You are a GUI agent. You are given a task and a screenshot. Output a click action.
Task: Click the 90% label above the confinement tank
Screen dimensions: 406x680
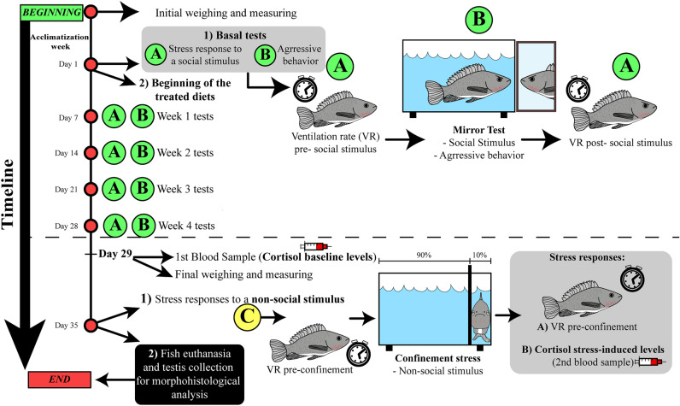422,257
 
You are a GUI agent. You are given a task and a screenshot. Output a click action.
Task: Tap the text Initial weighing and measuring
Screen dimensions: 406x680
226,14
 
